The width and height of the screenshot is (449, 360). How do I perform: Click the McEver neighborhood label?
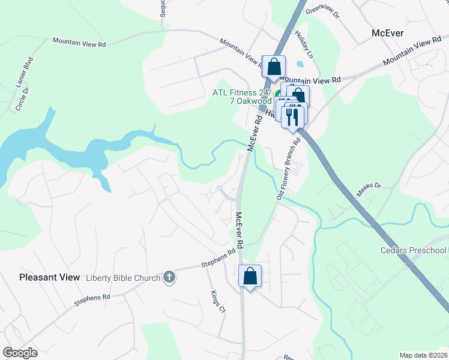point(388,33)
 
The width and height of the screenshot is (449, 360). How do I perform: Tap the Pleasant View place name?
point(49,277)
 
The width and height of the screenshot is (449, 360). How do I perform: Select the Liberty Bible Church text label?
point(123,277)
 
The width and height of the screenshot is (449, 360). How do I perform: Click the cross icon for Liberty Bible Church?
point(169,277)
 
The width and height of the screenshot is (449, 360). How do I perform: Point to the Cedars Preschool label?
point(414,250)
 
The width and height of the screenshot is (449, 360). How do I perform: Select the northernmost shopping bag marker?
point(273,67)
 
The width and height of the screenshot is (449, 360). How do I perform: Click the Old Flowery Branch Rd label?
point(288,170)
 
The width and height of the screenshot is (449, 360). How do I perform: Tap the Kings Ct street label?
point(217,302)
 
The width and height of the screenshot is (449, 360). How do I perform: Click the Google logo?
point(20,352)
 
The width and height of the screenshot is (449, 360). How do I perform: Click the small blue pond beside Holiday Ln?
point(300,64)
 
